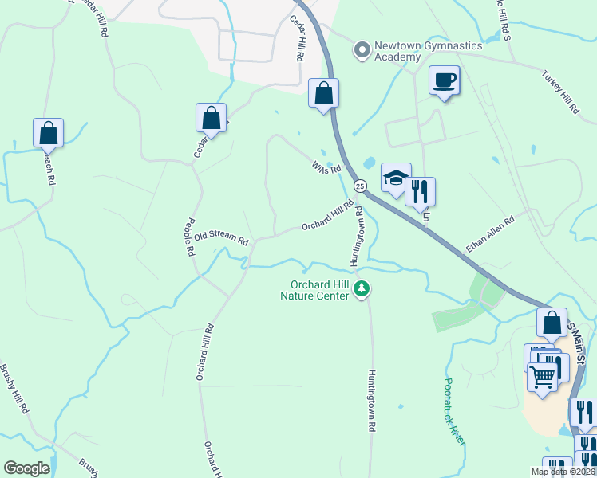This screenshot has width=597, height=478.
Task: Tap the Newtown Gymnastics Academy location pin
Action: (362, 49)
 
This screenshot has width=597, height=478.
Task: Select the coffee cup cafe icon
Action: (445, 80)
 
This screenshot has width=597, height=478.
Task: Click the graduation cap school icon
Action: (396, 178)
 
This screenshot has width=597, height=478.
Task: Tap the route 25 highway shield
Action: (361, 186)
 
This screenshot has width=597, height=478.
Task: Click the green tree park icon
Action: (362, 288)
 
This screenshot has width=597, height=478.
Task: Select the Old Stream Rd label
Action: (221, 237)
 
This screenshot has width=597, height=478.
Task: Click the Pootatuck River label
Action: (453, 410)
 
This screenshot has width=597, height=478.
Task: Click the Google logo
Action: (26, 468)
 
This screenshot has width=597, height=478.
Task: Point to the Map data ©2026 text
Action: (562, 472)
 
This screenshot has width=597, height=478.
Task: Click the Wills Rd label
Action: (326, 167)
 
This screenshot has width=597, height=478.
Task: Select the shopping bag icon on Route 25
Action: (323, 93)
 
